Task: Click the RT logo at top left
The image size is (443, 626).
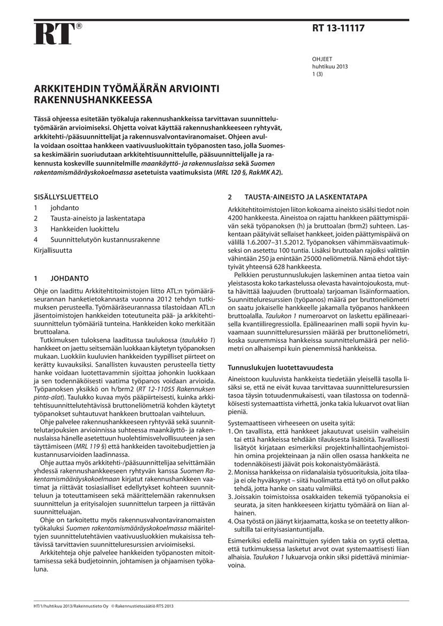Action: click(54, 34)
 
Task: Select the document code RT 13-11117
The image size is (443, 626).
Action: click(338, 28)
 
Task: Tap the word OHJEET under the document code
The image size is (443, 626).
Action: click(321, 60)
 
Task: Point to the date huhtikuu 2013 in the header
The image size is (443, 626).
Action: click(330, 67)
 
